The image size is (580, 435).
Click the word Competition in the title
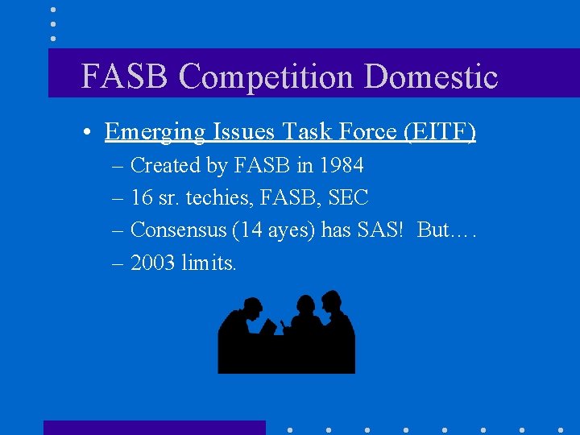(x=267, y=78)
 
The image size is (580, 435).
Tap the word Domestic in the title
(x=431, y=77)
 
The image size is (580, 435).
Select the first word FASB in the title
(x=126, y=77)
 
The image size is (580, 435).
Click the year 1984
(x=341, y=166)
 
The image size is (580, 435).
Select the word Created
(x=164, y=166)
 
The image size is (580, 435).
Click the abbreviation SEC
(x=348, y=198)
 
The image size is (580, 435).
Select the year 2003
(x=153, y=263)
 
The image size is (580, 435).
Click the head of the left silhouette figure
(x=252, y=307)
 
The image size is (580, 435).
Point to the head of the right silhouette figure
(x=331, y=300)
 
